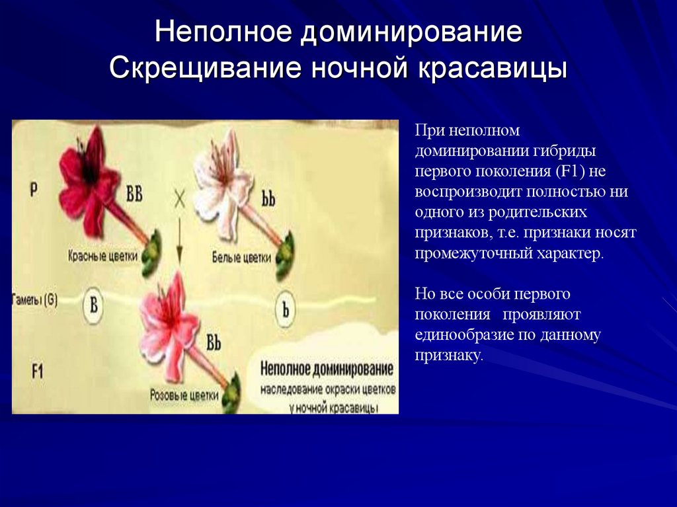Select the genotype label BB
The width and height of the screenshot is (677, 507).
tap(134, 196)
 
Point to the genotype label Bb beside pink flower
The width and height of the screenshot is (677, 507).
tap(213, 343)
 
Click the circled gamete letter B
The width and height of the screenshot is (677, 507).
tap(94, 305)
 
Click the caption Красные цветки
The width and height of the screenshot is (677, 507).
tap(102, 255)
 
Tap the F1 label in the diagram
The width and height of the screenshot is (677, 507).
tap(36, 371)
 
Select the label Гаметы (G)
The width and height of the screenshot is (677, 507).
tap(34, 299)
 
